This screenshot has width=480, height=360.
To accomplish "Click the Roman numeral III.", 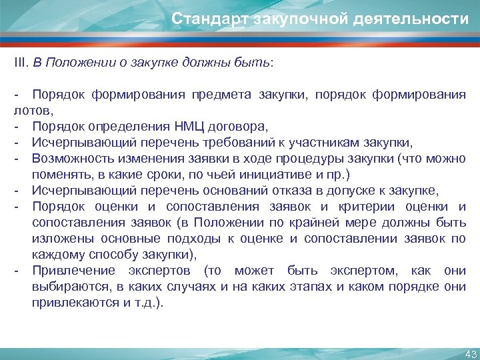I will pyautogui.click(x=21, y=62).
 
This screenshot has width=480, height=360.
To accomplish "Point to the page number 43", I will pyautogui.click(x=469, y=353).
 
